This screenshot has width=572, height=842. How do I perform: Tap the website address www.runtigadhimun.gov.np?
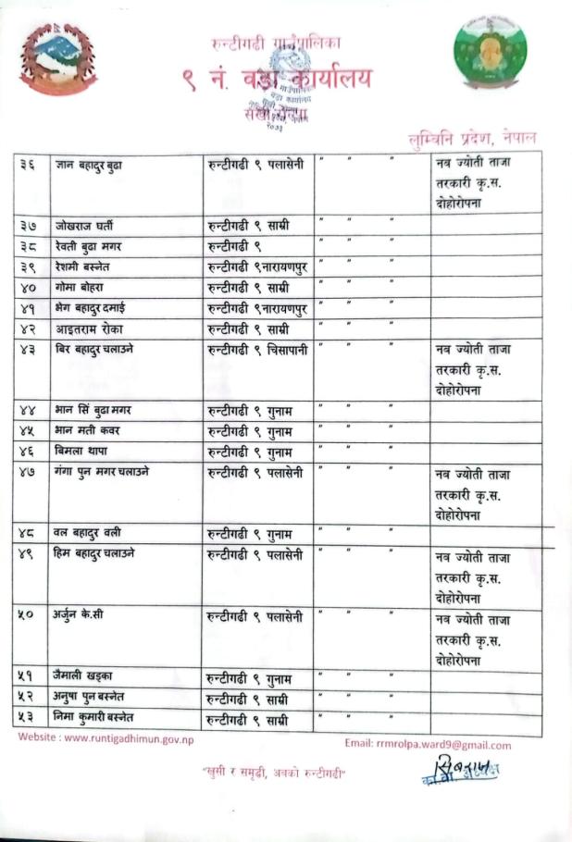(x=106, y=738)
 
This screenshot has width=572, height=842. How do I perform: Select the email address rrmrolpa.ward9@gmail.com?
(x=427, y=744)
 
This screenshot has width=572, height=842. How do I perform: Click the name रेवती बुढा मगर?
(x=88, y=245)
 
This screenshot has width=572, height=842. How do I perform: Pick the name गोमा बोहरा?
(x=81, y=287)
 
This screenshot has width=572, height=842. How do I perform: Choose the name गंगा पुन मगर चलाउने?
(x=102, y=472)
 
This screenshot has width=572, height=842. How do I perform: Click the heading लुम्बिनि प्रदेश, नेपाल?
(x=472, y=137)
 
